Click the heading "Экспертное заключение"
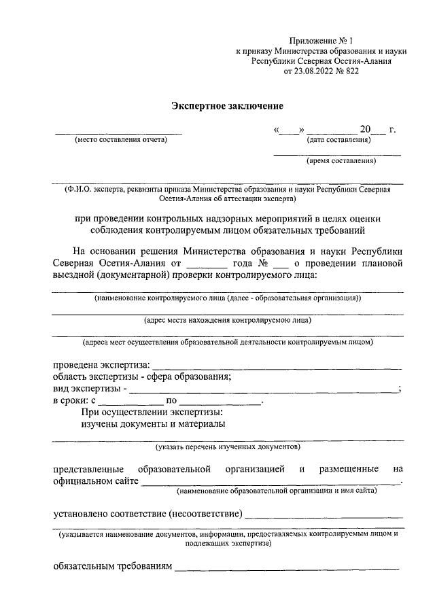pos(226,106)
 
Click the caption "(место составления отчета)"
pos(120,140)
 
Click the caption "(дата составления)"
pos(338,140)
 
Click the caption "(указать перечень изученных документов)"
pos(228,446)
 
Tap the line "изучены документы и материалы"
pos(153,424)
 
